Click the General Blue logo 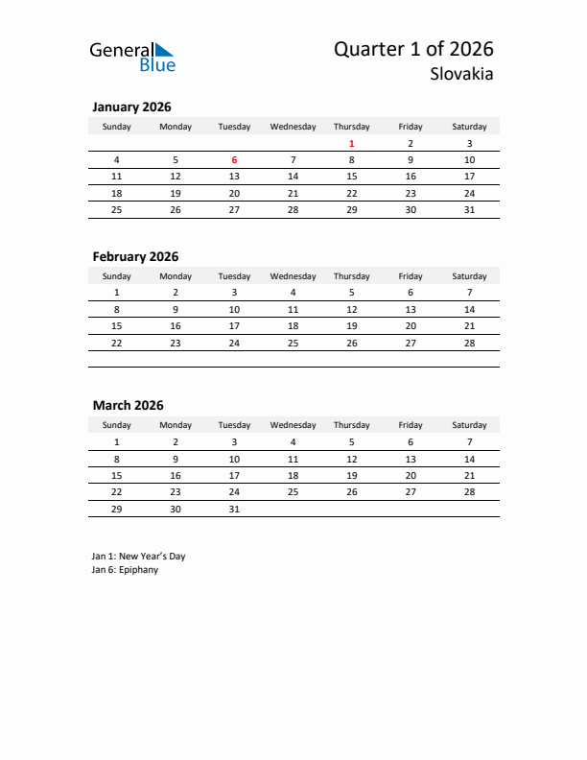[x=132, y=57]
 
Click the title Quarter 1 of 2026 [x=413, y=49]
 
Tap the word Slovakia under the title [x=463, y=74]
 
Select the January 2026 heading [x=131, y=107]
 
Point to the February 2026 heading [x=135, y=256]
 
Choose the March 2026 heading [x=128, y=405]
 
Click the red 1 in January [x=352, y=144]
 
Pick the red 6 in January [x=234, y=160]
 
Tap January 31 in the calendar [x=469, y=209]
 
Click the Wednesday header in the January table [x=293, y=127]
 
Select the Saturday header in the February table [x=469, y=276]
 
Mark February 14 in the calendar [x=469, y=310]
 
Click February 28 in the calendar [x=469, y=343]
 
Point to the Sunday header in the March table [x=117, y=425]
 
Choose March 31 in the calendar [x=234, y=509]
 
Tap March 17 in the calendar [x=234, y=475]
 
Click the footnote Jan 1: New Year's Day [x=138, y=556]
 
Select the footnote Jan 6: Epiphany [x=125, y=570]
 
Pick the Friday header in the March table [x=411, y=425]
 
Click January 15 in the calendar [x=352, y=177]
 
